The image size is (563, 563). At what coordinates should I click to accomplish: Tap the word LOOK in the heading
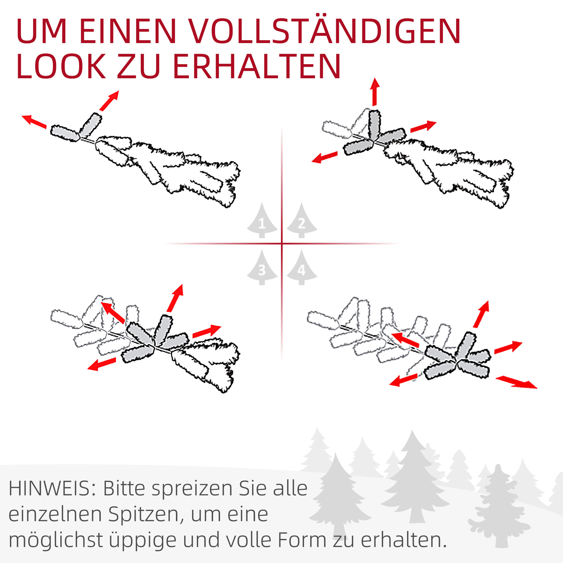(x=61, y=66)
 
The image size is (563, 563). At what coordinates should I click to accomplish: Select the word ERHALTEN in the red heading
(x=256, y=66)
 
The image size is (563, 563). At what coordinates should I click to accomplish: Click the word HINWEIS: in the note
(x=51, y=489)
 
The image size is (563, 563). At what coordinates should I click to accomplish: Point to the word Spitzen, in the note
(x=147, y=515)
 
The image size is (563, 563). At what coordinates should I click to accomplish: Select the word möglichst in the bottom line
(x=55, y=541)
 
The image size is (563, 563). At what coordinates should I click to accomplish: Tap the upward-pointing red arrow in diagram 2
(x=375, y=91)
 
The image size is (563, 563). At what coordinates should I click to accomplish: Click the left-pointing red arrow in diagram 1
(x=34, y=122)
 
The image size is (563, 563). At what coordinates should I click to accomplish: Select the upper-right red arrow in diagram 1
(x=109, y=100)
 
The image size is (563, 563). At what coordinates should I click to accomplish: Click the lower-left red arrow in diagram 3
(x=102, y=364)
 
